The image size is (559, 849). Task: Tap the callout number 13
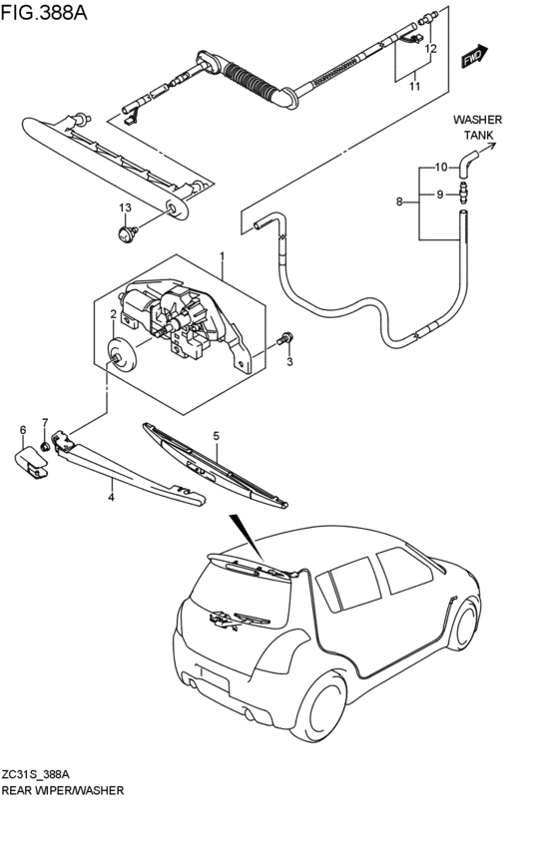[x=125, y=208]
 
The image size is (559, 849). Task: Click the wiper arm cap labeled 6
[x=33, y=460]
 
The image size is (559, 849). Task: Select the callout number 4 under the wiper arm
[x=112, y=496]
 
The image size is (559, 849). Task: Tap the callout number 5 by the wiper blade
[x=215, y=436]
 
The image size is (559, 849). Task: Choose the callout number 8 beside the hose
[x=399, y=202]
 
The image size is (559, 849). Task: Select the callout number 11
[x=414, y=87]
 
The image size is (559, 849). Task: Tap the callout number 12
[x=431, y=48]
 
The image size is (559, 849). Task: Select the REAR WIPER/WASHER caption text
[x=63, y=790]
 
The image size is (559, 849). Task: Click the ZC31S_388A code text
[x=42, y=774]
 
